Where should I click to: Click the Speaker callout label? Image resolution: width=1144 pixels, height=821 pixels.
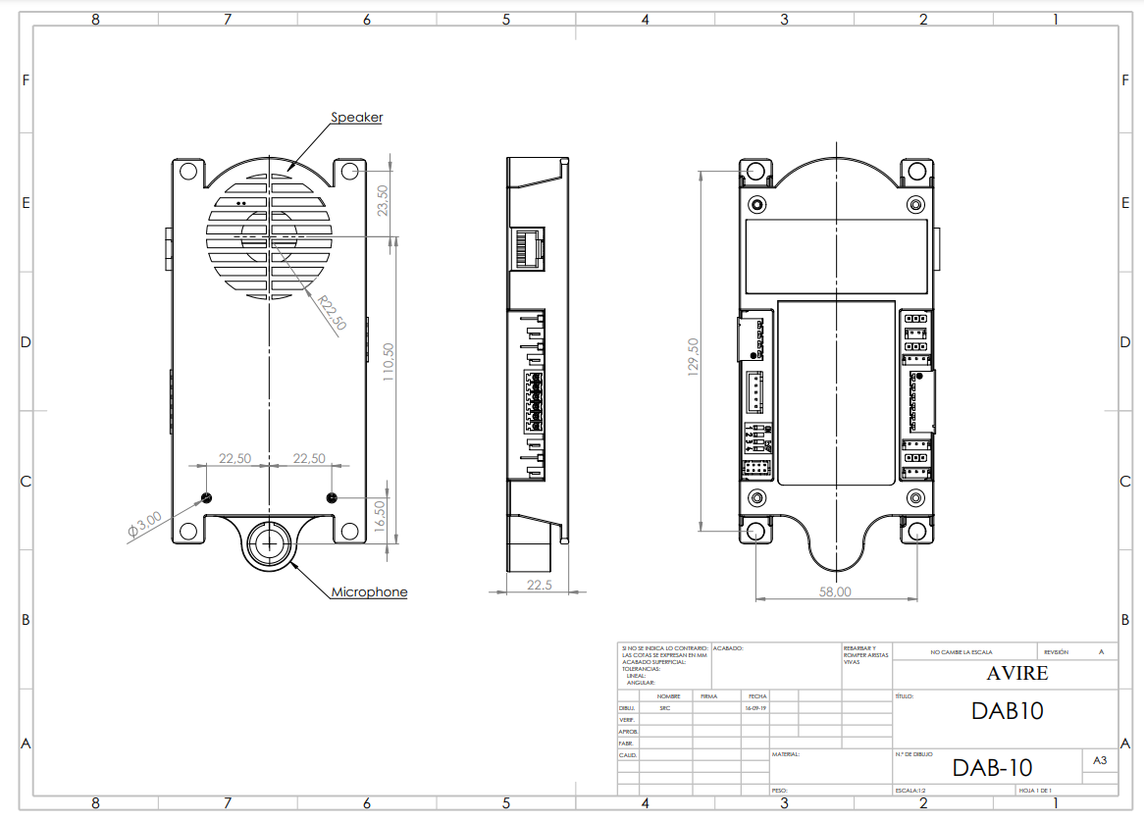[356, 118]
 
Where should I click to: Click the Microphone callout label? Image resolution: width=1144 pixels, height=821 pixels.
[369, 592]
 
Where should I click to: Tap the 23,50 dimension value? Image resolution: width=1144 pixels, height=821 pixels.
[383, 201]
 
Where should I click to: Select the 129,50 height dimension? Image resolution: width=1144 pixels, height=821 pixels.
[694, 357]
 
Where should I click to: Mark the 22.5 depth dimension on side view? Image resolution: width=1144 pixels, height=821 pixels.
[539, 585]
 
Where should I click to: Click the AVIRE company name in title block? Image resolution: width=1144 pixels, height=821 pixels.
[1016, 674]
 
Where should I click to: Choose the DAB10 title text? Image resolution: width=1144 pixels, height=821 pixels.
[1007, 711]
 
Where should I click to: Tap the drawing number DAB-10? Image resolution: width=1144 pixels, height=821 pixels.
[992, 767]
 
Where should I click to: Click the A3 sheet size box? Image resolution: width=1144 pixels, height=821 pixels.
[1100, 760]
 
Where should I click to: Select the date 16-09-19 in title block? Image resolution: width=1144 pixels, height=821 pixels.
[754, 707]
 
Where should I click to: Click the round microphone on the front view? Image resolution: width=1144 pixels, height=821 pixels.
[268, 542]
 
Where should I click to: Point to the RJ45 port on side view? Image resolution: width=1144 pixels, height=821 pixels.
[528, 248]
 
